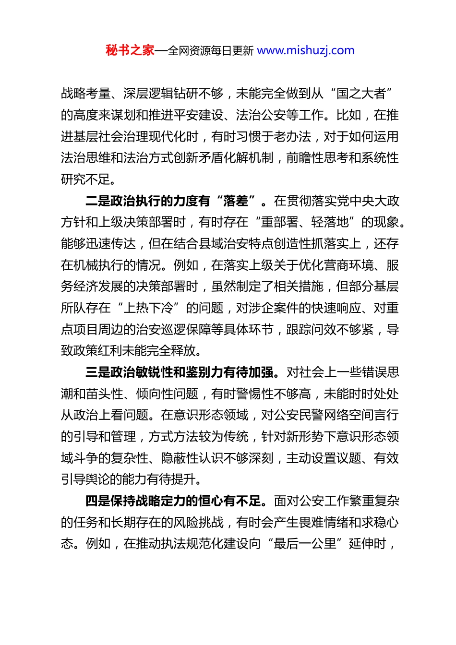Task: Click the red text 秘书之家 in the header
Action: coord(130,50)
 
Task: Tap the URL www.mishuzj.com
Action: coord(306,50)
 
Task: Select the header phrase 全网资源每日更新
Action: coord(210,50)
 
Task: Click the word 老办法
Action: coord(292,136)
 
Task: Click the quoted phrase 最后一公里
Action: coord(305,544)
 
